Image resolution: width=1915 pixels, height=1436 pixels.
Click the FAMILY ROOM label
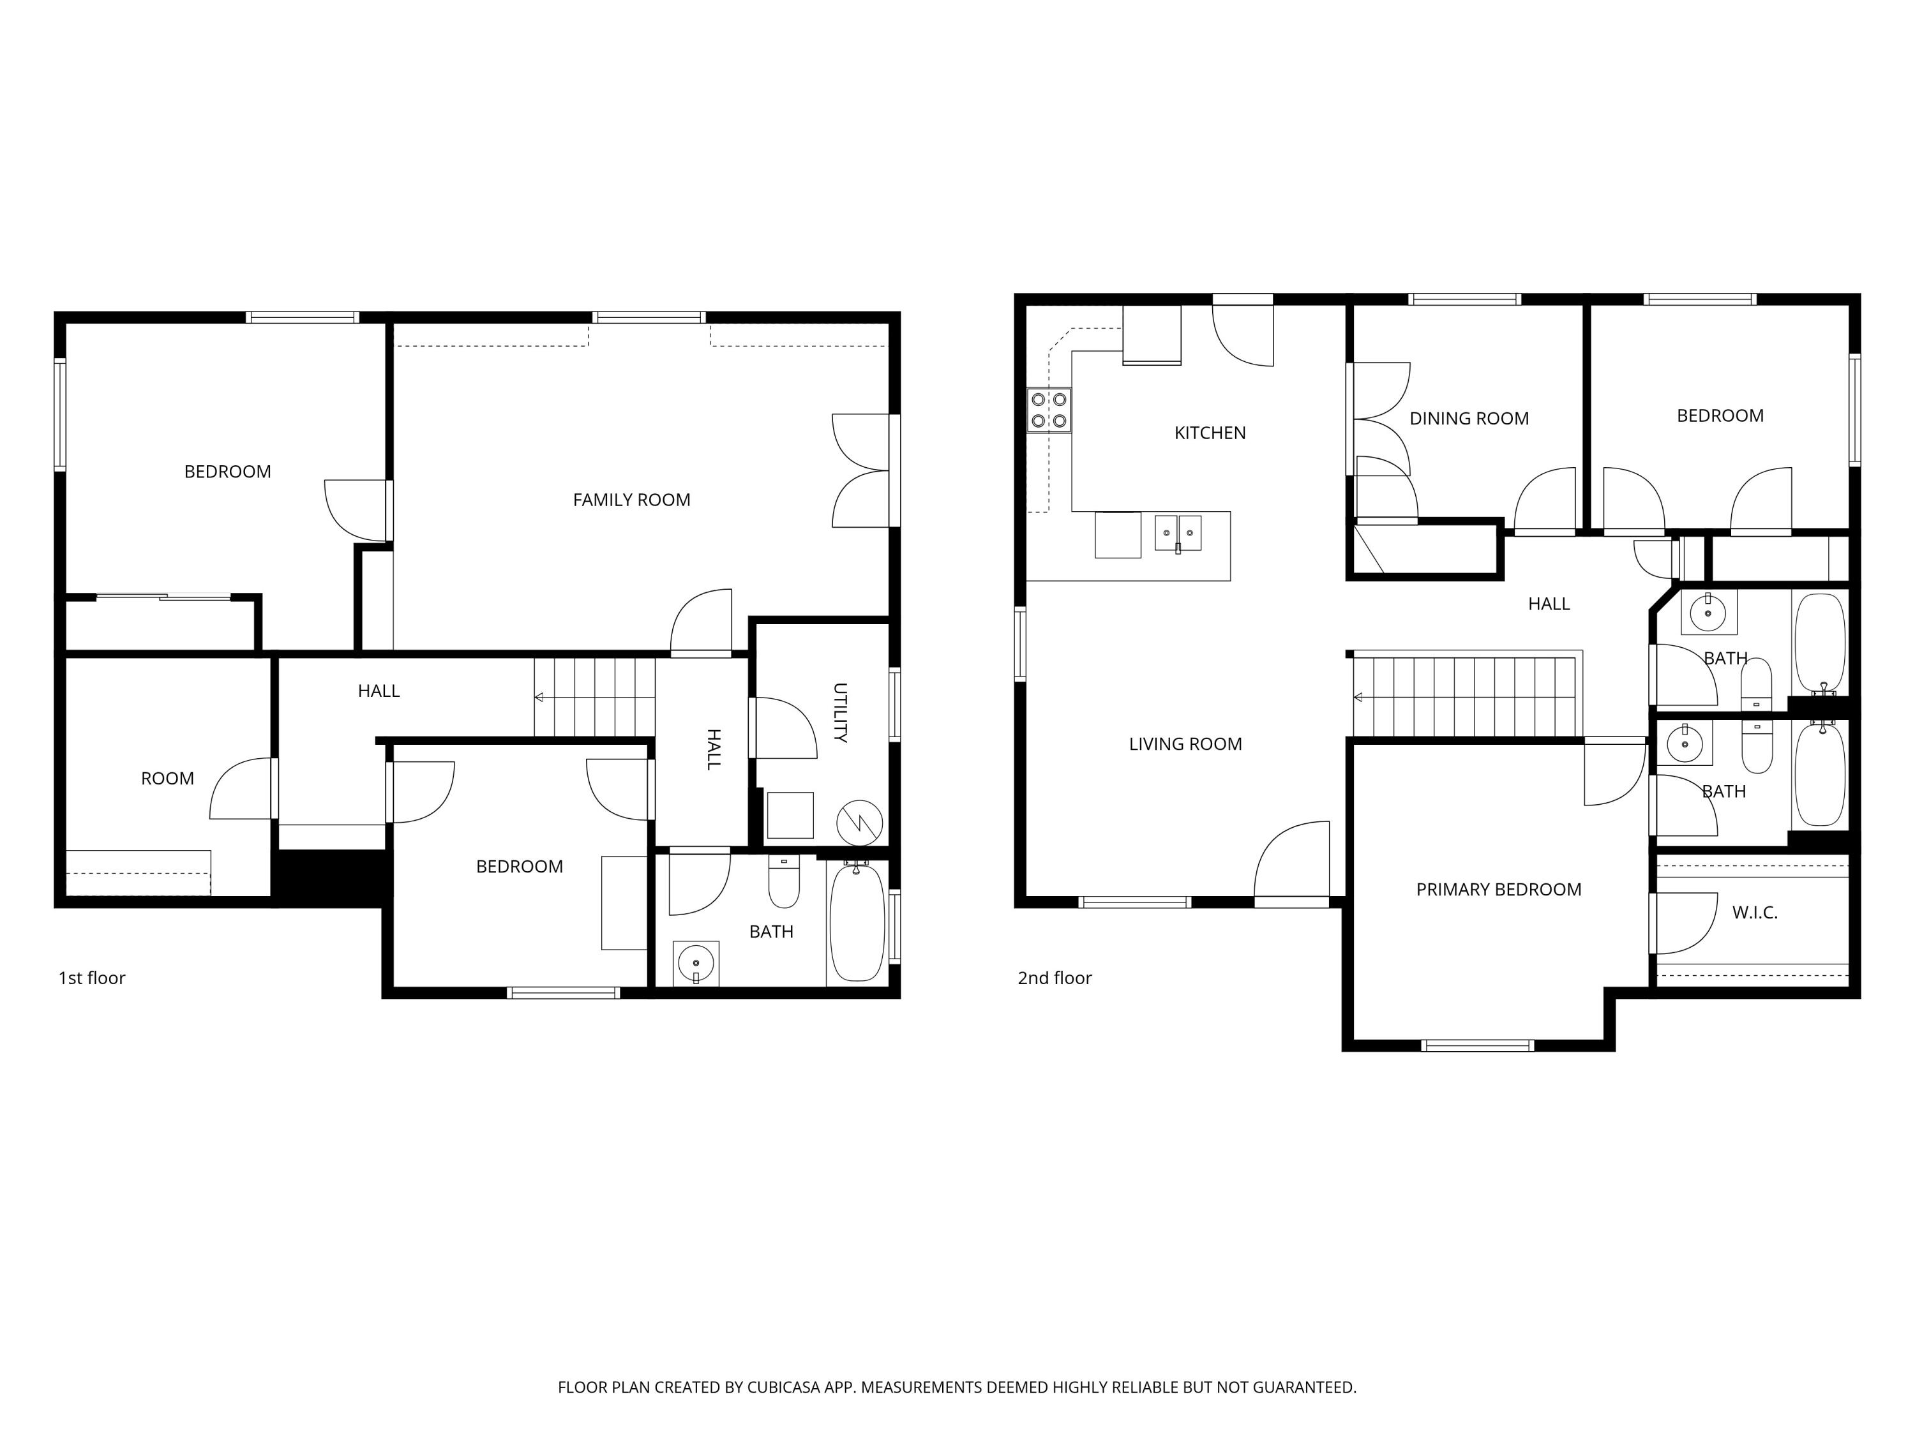pyautogui.click(x=631, y=500)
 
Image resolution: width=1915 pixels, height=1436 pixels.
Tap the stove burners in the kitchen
pyautogui.click(x=1048, y=410)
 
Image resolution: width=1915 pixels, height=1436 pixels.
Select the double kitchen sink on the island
pyautogui.click(x=1178, y=532)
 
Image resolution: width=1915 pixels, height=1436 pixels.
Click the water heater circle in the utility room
pyautogui.click(x=859, y=821)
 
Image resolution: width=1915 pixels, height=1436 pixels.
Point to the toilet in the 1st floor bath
pyautogui.click(x=783, y=882)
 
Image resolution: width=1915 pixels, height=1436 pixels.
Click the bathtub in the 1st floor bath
pyautogui.click(x=856, y=923)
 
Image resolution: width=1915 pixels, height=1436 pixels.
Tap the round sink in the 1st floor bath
pyautogui.click(x=696, y=962)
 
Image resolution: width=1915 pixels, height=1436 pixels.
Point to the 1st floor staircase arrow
pyautogui.click(x=539, y=697)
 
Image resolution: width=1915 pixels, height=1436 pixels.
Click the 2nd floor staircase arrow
pyautogui.click(x=1358, y=697)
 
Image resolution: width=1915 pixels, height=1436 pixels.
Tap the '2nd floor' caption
pyautogui.click(x=1054, y=978)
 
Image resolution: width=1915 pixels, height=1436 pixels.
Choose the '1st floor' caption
pyautogui.click(x=92, y=978)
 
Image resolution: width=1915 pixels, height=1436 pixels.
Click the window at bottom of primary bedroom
pyautogui.click(x=1478, y=1045)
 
